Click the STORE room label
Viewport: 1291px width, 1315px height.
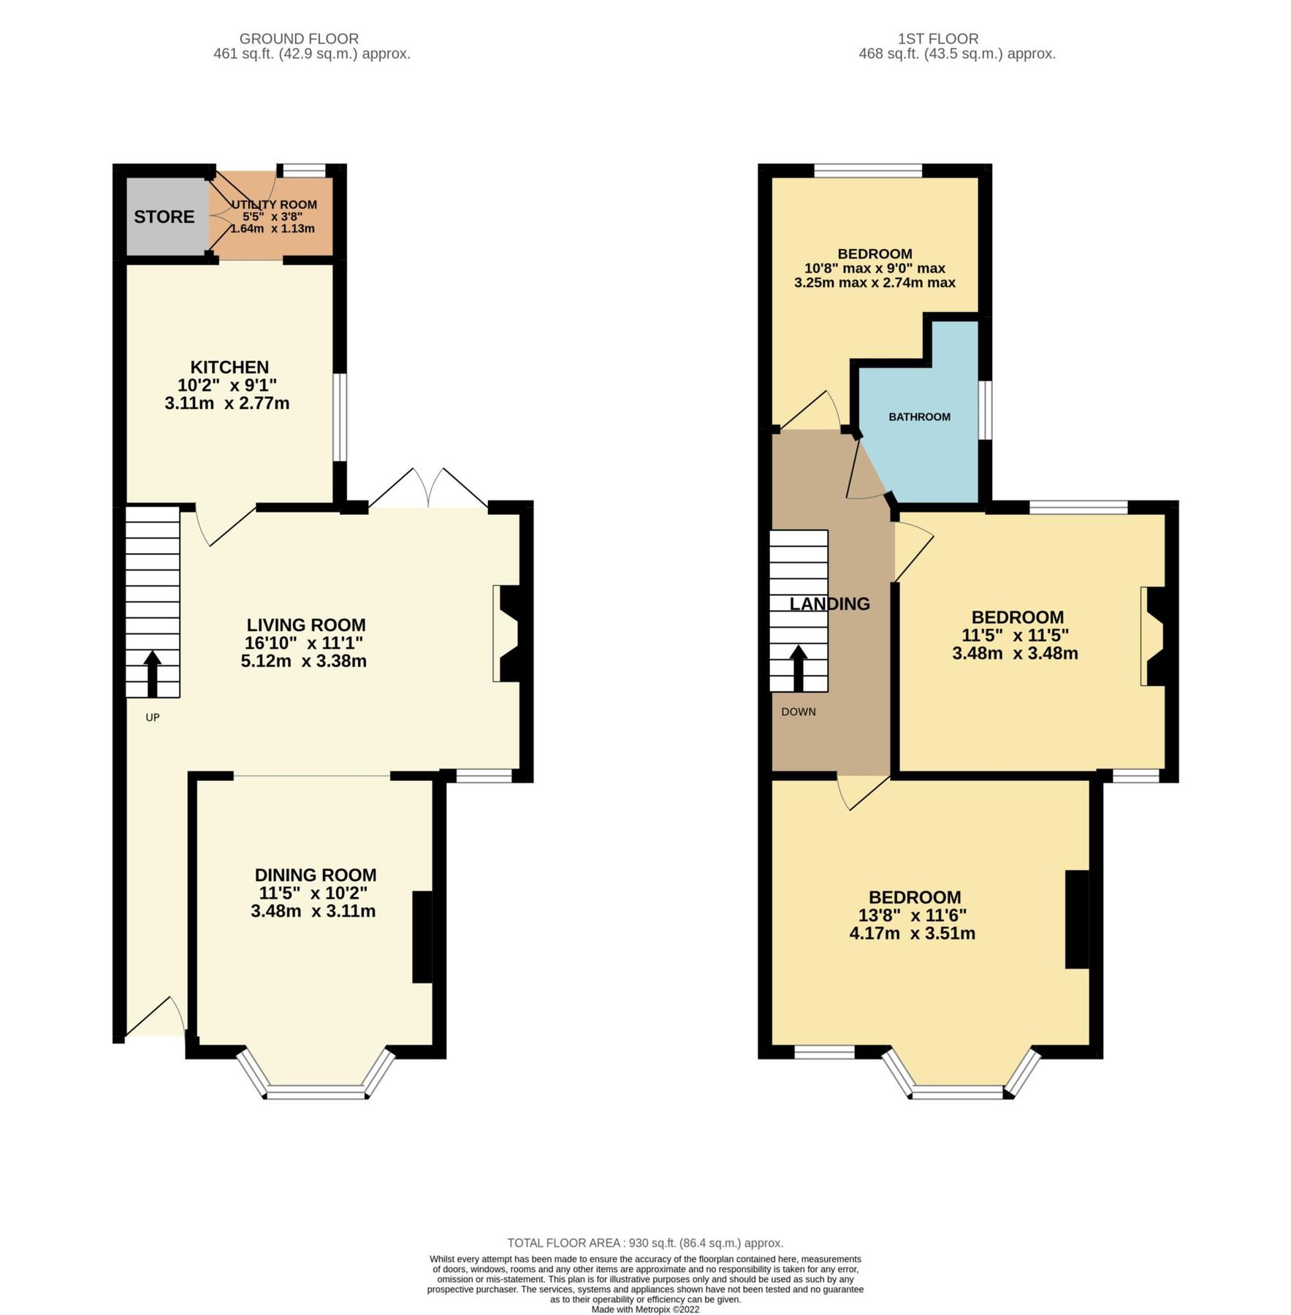(x=164, y=217)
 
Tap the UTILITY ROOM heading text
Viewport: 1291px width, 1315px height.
(x=274, y=205)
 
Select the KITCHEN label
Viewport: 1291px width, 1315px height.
(x=229, y=367)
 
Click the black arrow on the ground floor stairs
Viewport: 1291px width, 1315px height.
(x=152, y=673)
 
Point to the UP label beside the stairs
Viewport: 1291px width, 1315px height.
(x=152, y=717)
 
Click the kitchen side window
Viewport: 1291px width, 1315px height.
(x=340, y=417)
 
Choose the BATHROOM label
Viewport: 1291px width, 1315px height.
(x=919, y=417)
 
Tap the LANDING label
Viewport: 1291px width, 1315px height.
(x=829, y=603)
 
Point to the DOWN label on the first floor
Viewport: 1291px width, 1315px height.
(x=798, y=712)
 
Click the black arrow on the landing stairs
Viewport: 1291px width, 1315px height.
(x=798, y=667)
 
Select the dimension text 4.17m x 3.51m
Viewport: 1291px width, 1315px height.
(x=912, y=933)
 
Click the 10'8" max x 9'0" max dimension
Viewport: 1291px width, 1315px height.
(x=875, y=268)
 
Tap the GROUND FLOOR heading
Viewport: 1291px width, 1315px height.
(x=299, y=39)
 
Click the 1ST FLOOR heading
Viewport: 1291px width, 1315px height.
(x=938, y=39)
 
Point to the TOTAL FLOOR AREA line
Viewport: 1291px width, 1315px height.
(x=645, y=1243)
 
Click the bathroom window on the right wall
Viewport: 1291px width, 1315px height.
(x=985, y=410)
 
